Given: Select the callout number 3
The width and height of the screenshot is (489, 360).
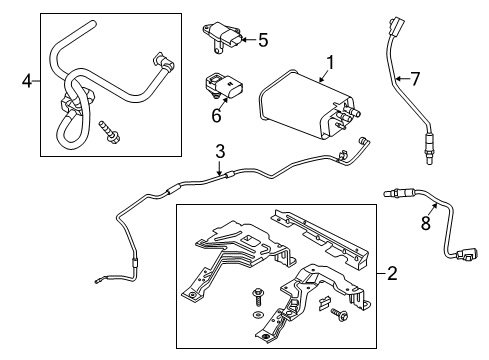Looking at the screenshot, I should (219, 152).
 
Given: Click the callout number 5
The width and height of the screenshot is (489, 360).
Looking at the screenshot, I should (263, 40).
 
